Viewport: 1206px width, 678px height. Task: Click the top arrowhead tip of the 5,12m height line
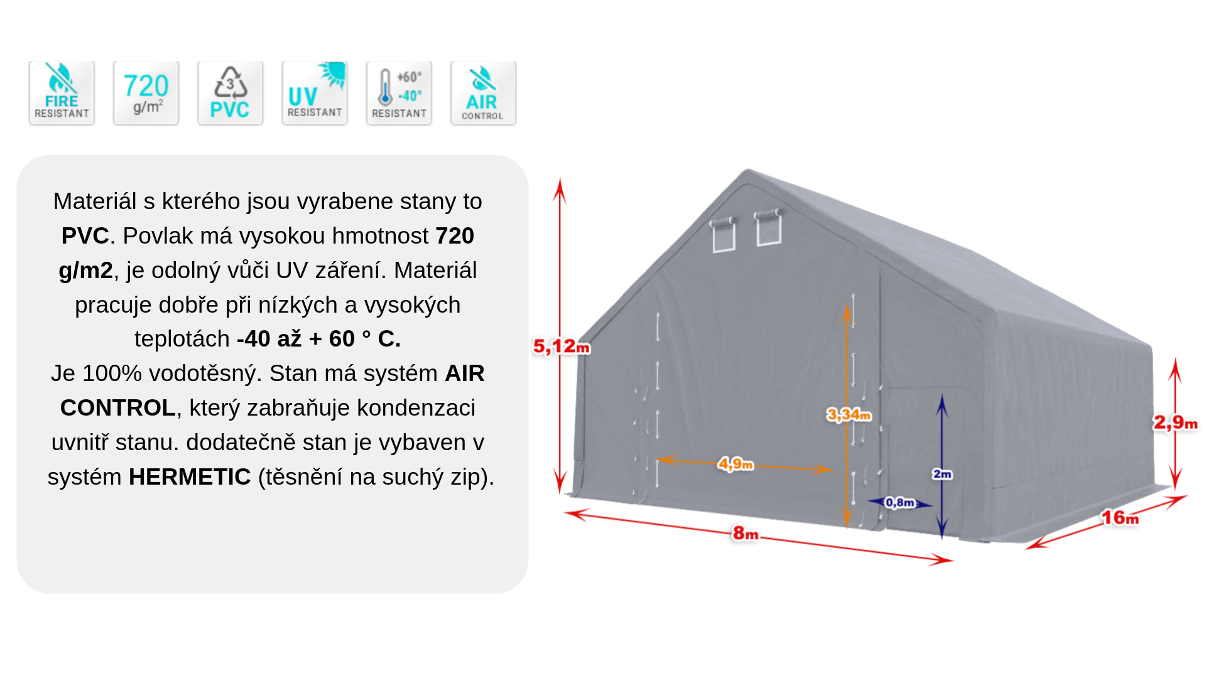560,178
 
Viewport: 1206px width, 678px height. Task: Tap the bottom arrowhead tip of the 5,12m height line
560,494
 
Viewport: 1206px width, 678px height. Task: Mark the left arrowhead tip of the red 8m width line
564,513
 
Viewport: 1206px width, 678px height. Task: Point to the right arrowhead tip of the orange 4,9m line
834,469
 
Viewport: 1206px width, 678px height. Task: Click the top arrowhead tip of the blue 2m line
942,394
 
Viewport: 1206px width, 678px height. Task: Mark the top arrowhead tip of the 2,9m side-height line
1175,358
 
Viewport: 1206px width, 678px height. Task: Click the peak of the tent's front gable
747,169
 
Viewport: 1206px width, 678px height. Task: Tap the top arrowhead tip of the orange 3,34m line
847,303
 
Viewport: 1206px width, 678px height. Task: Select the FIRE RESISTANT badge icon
62,93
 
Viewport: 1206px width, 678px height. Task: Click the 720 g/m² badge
146,93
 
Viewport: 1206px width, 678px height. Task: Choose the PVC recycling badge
230,93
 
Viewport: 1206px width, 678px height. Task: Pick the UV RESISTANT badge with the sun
315,93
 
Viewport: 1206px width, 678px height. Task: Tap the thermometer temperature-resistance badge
399,93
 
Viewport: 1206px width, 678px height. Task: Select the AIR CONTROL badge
483,93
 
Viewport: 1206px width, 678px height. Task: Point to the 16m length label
1120,518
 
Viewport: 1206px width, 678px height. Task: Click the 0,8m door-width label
899,502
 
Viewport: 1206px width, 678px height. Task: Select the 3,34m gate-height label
849,414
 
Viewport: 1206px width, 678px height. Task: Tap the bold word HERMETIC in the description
190,477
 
